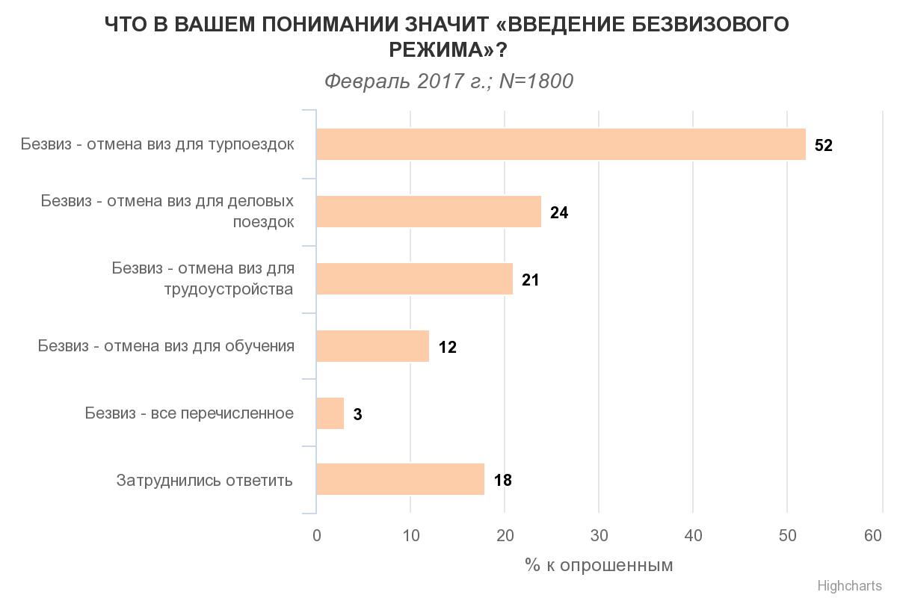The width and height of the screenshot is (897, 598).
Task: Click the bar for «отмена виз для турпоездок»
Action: (561, 144)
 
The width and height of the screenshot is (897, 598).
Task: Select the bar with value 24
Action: (428, 212)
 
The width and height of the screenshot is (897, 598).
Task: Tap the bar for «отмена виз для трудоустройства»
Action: (414, 279)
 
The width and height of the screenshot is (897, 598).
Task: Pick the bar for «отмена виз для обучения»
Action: (372, 346)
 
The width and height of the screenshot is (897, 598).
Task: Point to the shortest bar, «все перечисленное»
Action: (330, 413)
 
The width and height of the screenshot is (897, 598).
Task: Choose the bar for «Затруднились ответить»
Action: (400, 479)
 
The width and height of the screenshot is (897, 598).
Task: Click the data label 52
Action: (823, 146)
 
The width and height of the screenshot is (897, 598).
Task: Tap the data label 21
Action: (530, 280)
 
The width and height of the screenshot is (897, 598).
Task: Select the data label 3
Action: (357, 415)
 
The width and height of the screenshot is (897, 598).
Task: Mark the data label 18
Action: (502, 481)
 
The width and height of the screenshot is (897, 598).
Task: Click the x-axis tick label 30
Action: (599, 536)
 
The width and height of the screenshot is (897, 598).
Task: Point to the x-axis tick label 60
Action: (872, 536)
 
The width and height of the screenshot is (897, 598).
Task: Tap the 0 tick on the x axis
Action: (317, 536)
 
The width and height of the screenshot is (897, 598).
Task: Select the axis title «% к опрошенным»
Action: (599, 565)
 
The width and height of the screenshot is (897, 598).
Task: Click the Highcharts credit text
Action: (849, 586)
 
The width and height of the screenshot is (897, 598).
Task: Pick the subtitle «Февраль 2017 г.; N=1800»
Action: (449, 81)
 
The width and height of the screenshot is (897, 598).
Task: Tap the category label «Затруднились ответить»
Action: (204, 480)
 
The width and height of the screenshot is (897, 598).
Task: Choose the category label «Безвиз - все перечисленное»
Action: (189, 413)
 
